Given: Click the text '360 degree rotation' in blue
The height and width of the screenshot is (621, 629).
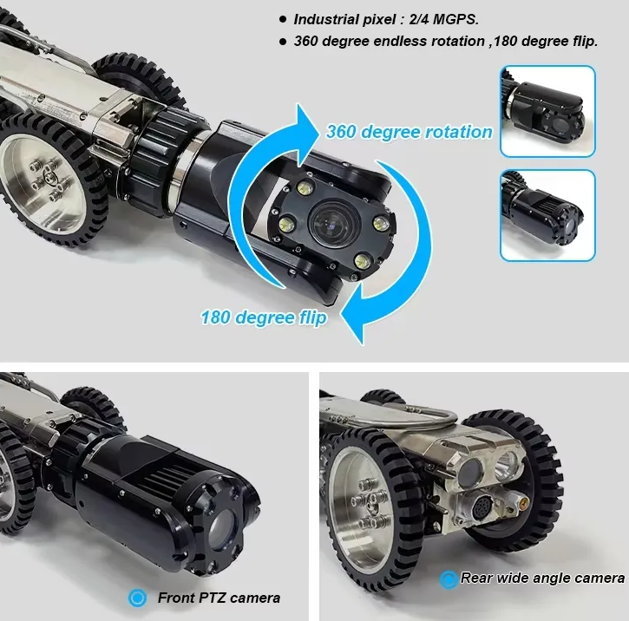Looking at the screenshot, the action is click(409, 132).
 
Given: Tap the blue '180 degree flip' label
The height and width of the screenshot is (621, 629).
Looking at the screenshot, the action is click(264, 317).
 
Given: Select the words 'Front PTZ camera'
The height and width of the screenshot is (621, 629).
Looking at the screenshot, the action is click(219, 598).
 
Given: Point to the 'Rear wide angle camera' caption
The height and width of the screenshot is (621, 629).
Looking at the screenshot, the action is click(542, 578).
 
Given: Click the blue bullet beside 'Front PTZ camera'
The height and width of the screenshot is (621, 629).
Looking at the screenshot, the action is click(137, 598).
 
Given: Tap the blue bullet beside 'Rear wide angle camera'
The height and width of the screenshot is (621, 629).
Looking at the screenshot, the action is click(449, 579).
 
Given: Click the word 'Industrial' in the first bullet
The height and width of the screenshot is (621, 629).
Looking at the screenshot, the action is click(324, 19).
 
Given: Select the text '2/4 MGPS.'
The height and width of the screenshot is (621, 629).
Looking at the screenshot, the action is click(443, 19).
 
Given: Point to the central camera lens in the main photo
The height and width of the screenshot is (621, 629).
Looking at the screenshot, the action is click(336, 223).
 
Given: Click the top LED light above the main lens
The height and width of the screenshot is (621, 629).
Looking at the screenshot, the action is click(306, 187).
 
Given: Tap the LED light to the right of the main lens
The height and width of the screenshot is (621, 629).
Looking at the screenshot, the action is click(380, 223).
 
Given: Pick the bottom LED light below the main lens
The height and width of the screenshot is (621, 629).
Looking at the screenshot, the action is click(363, 261).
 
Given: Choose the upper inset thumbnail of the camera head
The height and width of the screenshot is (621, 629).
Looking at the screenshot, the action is click(547, 111).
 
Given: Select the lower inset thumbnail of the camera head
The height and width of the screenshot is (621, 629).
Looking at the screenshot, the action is click(547, 215).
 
